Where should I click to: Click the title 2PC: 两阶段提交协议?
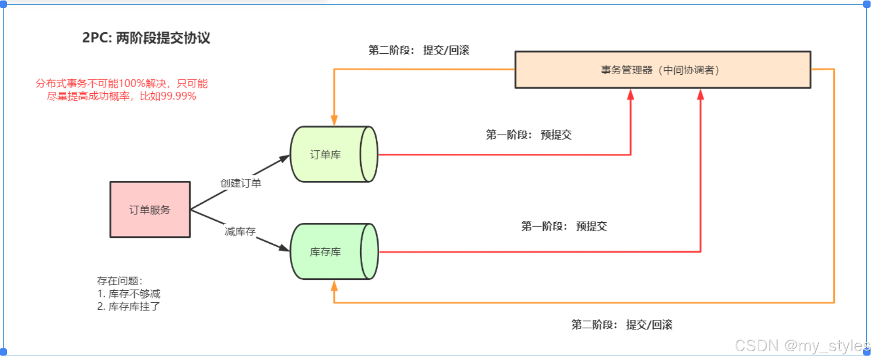(146, 38)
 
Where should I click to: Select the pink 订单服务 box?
(150, 210)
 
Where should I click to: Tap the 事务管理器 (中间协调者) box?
(662, 70)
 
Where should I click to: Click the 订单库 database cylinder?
(334, 154)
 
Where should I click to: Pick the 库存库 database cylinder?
(334, 252)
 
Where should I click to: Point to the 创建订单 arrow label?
(241, 183)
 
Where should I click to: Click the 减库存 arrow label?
(240, 231)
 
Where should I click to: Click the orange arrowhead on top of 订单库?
(334, 121)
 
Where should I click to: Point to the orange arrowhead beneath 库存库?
(334, 286)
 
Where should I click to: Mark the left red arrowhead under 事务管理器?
(631, 95)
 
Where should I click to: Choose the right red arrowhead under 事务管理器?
(701, 95)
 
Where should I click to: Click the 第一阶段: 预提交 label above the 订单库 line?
(529, 135)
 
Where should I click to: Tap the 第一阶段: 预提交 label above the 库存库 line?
(564, 226)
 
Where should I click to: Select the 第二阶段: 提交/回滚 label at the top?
(419, 50)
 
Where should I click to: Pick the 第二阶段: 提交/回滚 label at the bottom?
(621, 325)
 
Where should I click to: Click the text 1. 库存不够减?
(128, 294)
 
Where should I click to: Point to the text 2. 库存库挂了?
(128, 306)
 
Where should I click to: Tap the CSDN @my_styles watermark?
(802, 346)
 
